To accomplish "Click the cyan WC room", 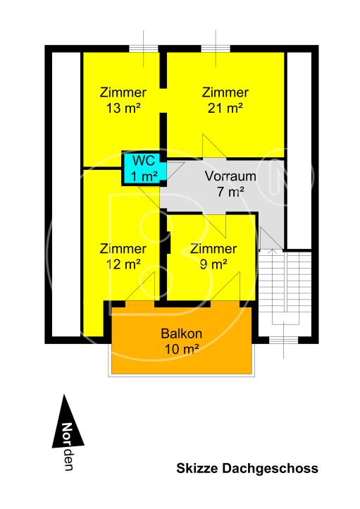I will pos(143,168).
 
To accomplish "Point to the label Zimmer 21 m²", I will pos(225,99).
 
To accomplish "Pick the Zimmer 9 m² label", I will pos(213,257).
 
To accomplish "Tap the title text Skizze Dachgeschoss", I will pos(247,468).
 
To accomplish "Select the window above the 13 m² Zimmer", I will pos(144,48).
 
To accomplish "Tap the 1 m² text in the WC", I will pos(143,176).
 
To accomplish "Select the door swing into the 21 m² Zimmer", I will pos(211,145).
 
